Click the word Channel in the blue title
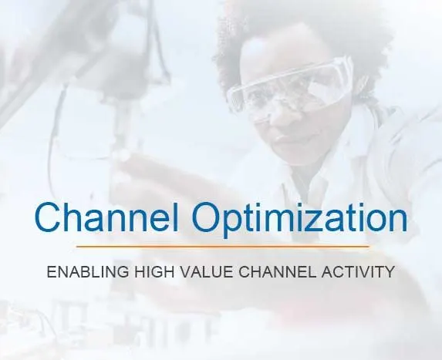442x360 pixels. point(106,217)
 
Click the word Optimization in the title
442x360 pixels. point(300,220)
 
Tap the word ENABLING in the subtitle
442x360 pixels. point(88,272)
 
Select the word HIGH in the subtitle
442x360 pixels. point(154,272)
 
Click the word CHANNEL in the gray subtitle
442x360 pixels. point(278,272)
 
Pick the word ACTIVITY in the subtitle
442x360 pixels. point(358,272)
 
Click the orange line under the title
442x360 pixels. point(223,246)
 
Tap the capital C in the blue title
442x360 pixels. point(48,217)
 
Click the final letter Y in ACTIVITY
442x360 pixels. point(389,272)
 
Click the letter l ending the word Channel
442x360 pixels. point(176,217)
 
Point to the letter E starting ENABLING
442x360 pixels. point(52,272)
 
